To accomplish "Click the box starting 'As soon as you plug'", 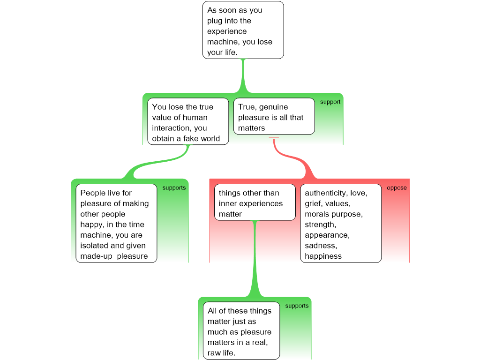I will point(243,30).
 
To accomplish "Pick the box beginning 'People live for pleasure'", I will point(116,223).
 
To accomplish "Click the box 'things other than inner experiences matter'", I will point(255,202).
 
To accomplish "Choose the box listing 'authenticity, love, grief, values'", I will point(341,223).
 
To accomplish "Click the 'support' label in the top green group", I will point(330,102).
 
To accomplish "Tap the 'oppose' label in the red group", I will point(397,188).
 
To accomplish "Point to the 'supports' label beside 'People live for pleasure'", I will point(174,188).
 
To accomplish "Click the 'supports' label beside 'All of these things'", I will point(297,306).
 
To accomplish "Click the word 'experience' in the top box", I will point(227,31).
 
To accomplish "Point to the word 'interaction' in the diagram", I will point(172,128).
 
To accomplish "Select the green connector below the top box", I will point(243,77).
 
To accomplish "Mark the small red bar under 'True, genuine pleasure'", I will point(274,137).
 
